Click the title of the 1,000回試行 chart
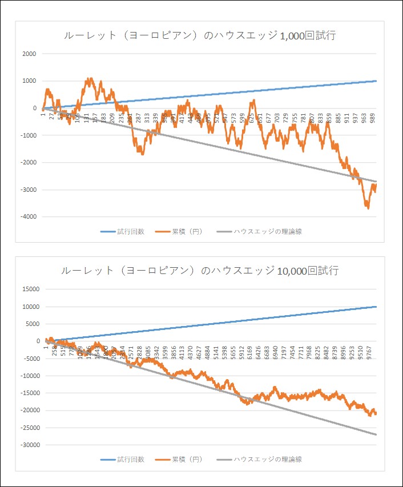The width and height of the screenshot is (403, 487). click(199, 36)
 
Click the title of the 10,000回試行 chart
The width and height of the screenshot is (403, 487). click(199, 271)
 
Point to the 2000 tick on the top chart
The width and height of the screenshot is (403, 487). click(28, 54)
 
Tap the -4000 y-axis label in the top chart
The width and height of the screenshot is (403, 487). click(27, 217)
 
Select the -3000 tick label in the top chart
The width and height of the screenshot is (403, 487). click(27, 190)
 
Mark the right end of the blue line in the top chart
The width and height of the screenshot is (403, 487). click(377, 81)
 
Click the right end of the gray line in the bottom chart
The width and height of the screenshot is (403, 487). click(377, 435)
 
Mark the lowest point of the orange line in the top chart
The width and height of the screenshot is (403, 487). click(368, 208)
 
